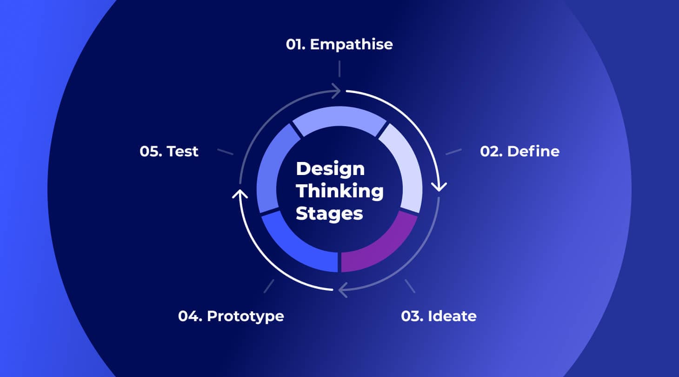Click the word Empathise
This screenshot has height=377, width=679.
[351, 44]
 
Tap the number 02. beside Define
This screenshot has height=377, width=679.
[492, 151]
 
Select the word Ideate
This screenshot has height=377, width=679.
[452, 316]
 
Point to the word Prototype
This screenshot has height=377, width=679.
[245, 316]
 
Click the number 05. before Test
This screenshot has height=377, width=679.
[151, 151]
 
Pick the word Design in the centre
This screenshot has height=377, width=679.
[330, 168]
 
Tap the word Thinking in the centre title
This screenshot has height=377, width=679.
[339, 191]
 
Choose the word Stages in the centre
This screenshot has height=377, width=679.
[329, 214]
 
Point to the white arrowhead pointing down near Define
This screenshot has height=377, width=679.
[439, 187]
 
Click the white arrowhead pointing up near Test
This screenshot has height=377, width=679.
[240, 193]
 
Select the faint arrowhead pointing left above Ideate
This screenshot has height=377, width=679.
[343, 289]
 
